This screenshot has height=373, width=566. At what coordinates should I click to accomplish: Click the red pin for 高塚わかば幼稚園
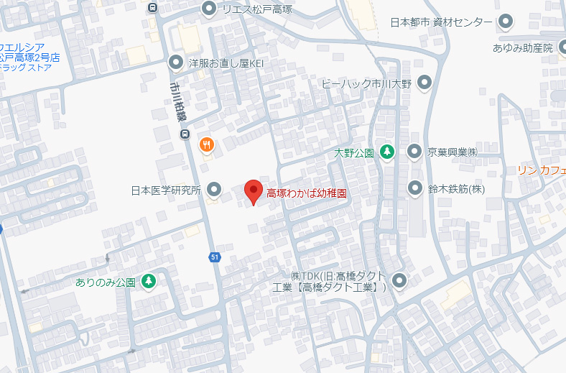253,191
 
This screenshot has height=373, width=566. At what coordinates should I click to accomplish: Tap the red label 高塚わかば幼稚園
307,193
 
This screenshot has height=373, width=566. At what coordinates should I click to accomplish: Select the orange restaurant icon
206,144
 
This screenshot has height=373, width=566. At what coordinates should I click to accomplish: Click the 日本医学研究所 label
165,190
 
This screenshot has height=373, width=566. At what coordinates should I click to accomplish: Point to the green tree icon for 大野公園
387,152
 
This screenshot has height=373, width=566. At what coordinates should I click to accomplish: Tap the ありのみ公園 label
106,282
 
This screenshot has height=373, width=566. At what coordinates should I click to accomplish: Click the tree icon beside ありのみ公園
149,281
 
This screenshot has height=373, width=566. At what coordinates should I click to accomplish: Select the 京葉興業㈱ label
453,152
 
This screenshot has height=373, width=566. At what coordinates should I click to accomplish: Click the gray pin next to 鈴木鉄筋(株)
414,189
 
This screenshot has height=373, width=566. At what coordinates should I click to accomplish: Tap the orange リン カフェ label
542,170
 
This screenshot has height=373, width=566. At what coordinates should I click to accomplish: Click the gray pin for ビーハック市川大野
424,83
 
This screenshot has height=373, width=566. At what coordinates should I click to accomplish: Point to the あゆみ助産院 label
522,48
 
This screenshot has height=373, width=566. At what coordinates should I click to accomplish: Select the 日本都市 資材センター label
442,22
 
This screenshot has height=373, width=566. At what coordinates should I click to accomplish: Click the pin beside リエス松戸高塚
209,9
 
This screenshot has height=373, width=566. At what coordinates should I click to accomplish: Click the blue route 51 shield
214,257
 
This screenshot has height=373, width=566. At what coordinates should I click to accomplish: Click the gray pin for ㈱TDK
399,281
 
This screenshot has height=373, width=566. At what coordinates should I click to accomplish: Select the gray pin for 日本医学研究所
213,190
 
